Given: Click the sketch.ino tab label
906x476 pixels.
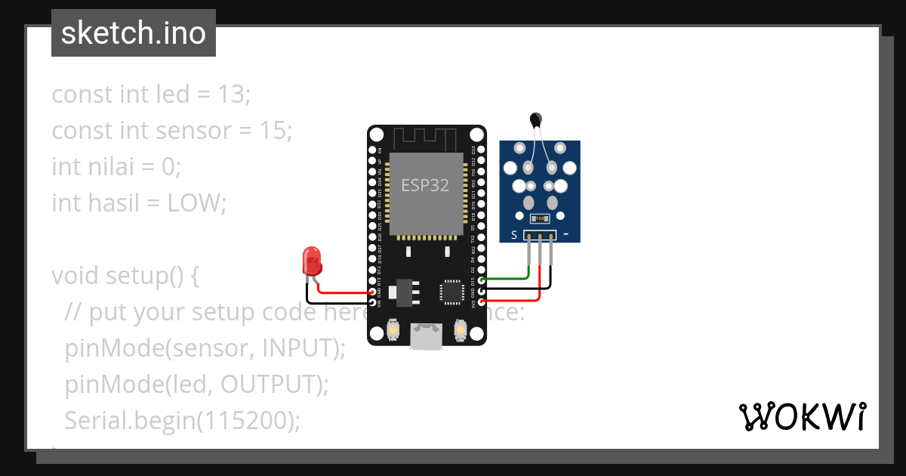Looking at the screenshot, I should (134, 33).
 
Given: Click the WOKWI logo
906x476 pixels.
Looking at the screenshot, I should (801, 416).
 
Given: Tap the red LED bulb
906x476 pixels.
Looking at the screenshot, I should (311, 261).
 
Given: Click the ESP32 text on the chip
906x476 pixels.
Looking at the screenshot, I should (425, 186).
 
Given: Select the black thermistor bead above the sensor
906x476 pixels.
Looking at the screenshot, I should (536, 119).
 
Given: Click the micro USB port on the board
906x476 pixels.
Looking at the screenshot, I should (427, 336).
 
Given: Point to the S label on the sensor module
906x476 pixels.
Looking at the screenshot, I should (514, 235).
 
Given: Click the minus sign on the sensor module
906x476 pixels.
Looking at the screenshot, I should (566, 234).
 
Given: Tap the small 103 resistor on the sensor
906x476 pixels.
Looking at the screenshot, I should (539, 219).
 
